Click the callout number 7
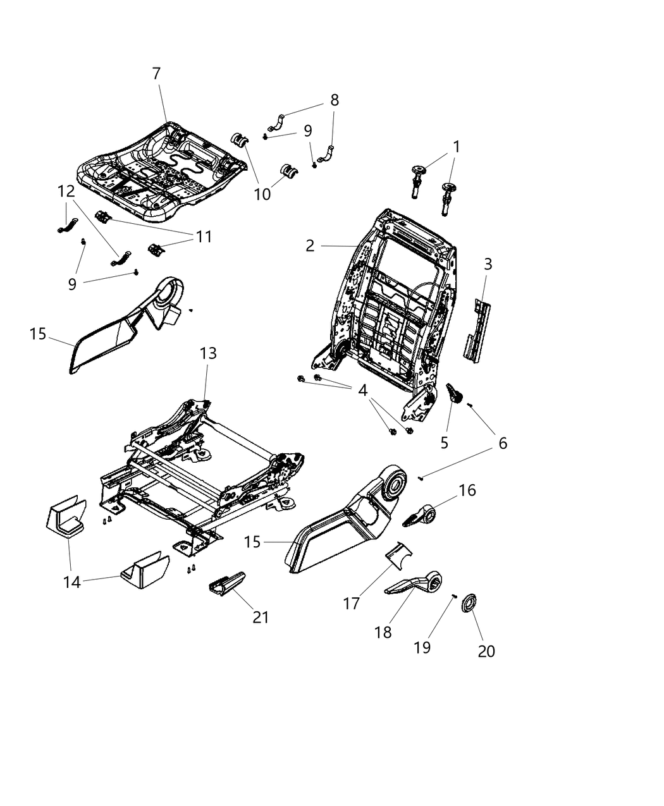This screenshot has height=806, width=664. click(x=156, y=74)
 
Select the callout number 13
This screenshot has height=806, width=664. click(x=208, y=353)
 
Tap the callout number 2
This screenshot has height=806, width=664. click(x=310, y=246)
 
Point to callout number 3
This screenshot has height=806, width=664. click(x=488, y=264)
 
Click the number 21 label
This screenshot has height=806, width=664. click(x=261, y=617)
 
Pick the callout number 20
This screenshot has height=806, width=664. click(x=486, y=650)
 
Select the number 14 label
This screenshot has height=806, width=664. click(x=72, y=582)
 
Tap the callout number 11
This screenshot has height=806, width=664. click(x=203, y=236)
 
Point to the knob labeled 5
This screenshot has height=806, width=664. click(x=455, y=394)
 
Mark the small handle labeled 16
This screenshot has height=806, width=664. click(x=421, y=516)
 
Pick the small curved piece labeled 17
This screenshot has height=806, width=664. click(x=398, y=554)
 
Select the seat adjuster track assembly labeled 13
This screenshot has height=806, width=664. click(x=202, y=461)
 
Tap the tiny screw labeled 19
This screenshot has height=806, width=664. click(x=454, y=595)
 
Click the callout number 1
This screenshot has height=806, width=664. click(x=456, y=147)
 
